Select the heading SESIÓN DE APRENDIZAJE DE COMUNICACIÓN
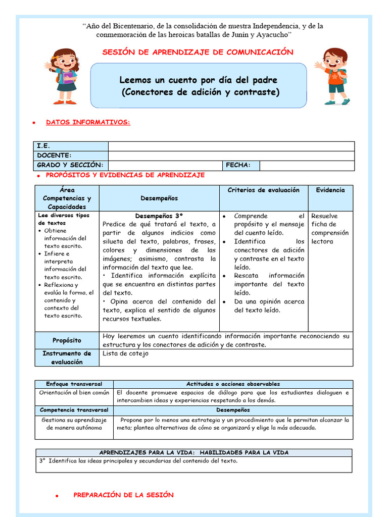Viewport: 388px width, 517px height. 198,52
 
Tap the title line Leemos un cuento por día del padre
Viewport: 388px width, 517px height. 198,80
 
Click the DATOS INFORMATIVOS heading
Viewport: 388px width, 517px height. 88,122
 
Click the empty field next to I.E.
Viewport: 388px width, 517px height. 231,146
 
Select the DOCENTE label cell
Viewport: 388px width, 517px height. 71,156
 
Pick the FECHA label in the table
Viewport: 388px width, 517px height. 241,165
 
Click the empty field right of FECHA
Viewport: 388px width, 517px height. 306,165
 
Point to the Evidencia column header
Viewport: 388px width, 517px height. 330,190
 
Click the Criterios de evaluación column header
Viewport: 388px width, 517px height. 263,190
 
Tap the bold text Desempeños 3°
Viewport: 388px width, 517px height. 159,216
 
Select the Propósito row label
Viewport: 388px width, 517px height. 67,340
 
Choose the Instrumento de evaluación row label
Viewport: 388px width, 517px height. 67,357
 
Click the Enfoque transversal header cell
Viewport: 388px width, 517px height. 74,384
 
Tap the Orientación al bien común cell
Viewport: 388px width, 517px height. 74,392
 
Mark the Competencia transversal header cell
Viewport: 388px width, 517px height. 74,410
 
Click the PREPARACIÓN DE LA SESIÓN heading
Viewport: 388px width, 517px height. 123,495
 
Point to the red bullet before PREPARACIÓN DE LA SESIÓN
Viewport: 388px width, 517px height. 58,496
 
